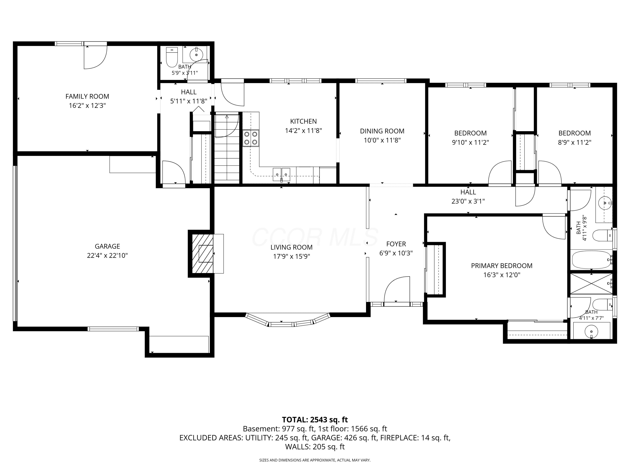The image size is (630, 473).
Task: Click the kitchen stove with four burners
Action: pos(251,138)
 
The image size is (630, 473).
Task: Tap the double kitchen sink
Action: pos(281,174)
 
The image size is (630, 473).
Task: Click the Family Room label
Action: pos(87,96)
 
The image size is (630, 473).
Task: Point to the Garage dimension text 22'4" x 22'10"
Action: pos(107,255)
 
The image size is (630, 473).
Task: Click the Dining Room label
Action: pos(382,131)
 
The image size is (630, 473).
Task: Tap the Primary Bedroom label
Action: pos(501,266)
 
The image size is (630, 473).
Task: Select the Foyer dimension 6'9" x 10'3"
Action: pos(396,253)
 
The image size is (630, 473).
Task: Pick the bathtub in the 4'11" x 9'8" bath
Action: pos(592,260)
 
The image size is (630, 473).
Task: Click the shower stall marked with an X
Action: pos(591,283)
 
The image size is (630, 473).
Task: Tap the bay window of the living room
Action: pos(288,321)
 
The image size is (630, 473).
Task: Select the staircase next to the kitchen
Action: pos(227,147)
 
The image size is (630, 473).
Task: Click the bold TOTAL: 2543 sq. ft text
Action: pos(315,420)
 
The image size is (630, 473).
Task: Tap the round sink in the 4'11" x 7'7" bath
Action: pos(592,332)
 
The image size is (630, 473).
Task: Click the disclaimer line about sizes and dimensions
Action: pos(315,460)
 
